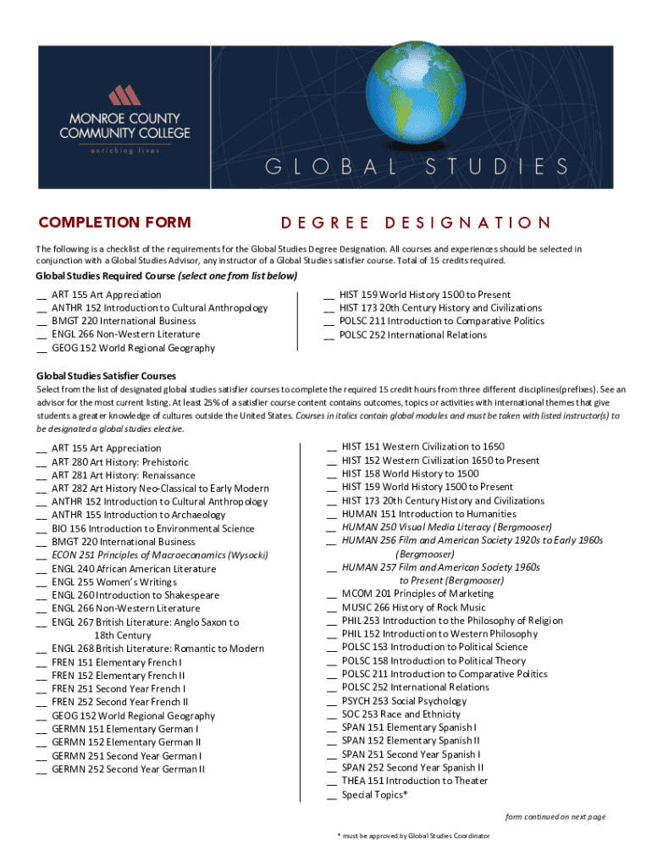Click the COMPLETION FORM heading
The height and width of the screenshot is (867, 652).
[114, 223]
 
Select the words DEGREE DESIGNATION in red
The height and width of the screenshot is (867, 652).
[416, 224]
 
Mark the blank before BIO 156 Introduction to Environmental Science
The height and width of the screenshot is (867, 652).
[41, 530]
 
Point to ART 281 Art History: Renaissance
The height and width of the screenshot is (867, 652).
[123, 475]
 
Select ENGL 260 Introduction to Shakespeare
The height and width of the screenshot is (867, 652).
[135, 595]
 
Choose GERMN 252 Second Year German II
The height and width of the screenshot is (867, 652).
[128, 770]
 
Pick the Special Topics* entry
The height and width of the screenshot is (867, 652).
[374, 795]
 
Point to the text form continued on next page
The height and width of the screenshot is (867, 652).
[555, 817]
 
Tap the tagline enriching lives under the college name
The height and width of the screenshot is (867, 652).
[124, 152]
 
